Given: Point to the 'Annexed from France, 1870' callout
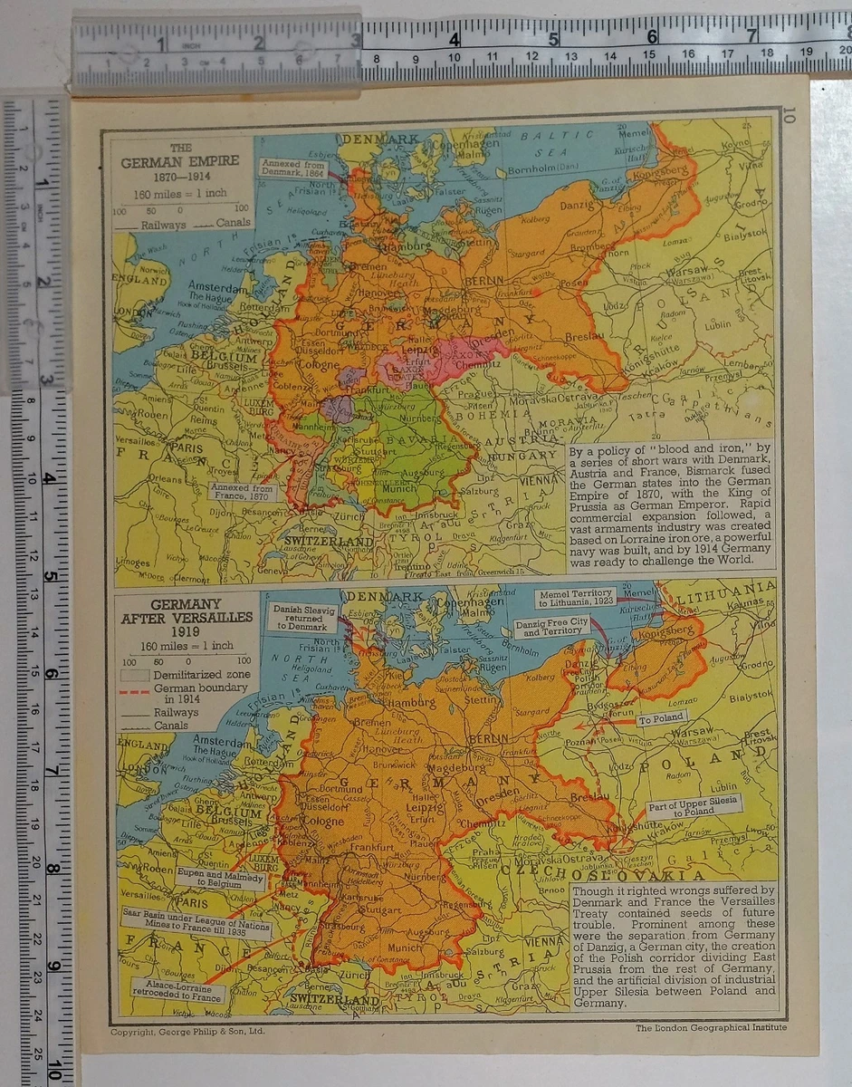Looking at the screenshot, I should point(243,493).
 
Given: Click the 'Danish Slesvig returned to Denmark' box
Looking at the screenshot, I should point(305,617).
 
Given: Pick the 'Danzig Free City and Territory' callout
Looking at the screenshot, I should point(553,628).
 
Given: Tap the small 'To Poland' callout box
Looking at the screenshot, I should point(662,719).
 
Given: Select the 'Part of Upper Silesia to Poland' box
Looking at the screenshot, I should point(694,805).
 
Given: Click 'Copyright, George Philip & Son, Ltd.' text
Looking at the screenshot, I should point(187,1031).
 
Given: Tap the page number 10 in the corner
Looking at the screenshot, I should point(788,115).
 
